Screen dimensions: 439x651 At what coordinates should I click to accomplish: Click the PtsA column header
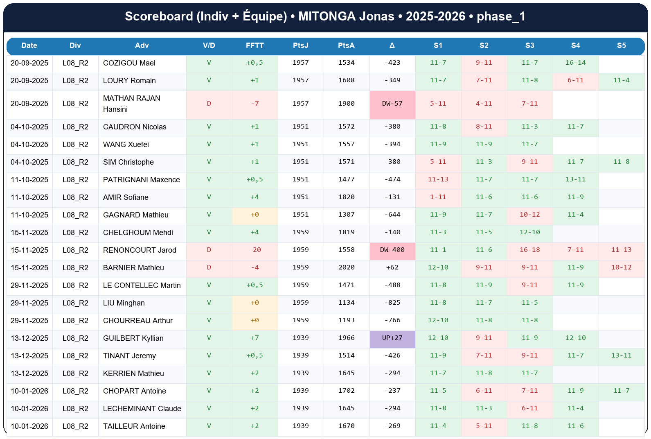click(x=346, y=45)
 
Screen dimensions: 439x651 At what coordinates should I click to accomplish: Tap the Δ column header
click(x=392, y=45)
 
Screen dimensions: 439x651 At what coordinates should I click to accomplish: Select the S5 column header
click(x=621, y=45)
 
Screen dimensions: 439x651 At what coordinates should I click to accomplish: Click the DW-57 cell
click(x=392, y=104)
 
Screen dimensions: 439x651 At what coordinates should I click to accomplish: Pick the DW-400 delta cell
click(x=392, y=250)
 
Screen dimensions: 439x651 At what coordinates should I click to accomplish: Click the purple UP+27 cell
click(x=392, y=338)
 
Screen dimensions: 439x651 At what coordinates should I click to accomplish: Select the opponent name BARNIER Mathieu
click(x=133, y=268)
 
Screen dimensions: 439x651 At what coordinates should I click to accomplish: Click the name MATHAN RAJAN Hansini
click(x=131, y=104)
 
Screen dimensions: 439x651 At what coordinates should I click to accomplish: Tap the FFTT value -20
click(x=255, y=250)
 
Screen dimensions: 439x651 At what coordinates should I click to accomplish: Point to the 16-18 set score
click(x=529, y=250)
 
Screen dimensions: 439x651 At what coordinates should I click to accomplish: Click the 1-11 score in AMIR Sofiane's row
click(x=438, y=197)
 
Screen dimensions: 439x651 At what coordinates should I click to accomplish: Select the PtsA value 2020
click(x=346, y=267)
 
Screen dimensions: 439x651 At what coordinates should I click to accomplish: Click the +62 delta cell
click(x=392, y=267)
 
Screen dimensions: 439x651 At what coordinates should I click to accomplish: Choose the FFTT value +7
click(x=255, y=338)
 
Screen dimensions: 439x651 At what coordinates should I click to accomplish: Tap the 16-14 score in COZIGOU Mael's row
click(x=575, y=63)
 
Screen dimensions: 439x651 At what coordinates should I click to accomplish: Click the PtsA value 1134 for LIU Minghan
click(x=346, y=303)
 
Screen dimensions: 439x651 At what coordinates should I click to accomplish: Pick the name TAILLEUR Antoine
click(x=134, y=426)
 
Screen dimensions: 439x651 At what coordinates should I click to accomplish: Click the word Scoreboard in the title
click(x=159, y=16)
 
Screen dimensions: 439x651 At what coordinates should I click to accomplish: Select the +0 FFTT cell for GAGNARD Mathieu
click(x=255, y=215)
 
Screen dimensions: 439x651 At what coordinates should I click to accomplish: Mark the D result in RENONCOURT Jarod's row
click(x=209, y=250)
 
